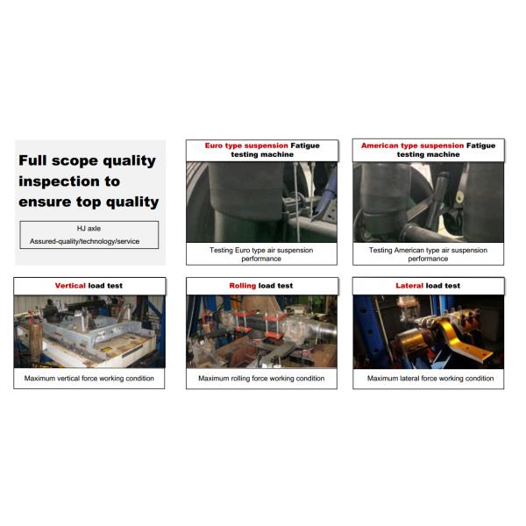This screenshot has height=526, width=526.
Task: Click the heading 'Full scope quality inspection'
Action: coord(88,181)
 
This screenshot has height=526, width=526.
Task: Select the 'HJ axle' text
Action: coord(89,227)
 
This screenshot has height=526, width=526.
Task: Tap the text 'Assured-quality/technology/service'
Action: coord(89,239)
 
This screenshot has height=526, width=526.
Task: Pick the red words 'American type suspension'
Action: coord(412,146)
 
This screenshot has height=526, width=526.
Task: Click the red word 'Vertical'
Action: coord(70,286)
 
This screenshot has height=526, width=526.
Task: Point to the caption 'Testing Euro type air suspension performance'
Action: coord(261,254)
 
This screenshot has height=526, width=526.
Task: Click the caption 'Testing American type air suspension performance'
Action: coord(428,254)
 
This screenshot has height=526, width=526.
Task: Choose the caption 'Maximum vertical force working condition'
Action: coord(89,379)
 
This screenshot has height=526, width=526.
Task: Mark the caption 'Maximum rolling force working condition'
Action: coord(261,379)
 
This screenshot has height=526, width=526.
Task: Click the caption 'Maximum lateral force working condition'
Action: coord(428,379)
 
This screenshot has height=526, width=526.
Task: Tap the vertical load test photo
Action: coord(89,331)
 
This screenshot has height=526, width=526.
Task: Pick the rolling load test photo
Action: coord(261,331)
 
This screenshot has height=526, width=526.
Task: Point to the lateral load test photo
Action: coord(428,331)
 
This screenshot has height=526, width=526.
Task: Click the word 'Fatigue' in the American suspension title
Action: coord(480,146)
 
